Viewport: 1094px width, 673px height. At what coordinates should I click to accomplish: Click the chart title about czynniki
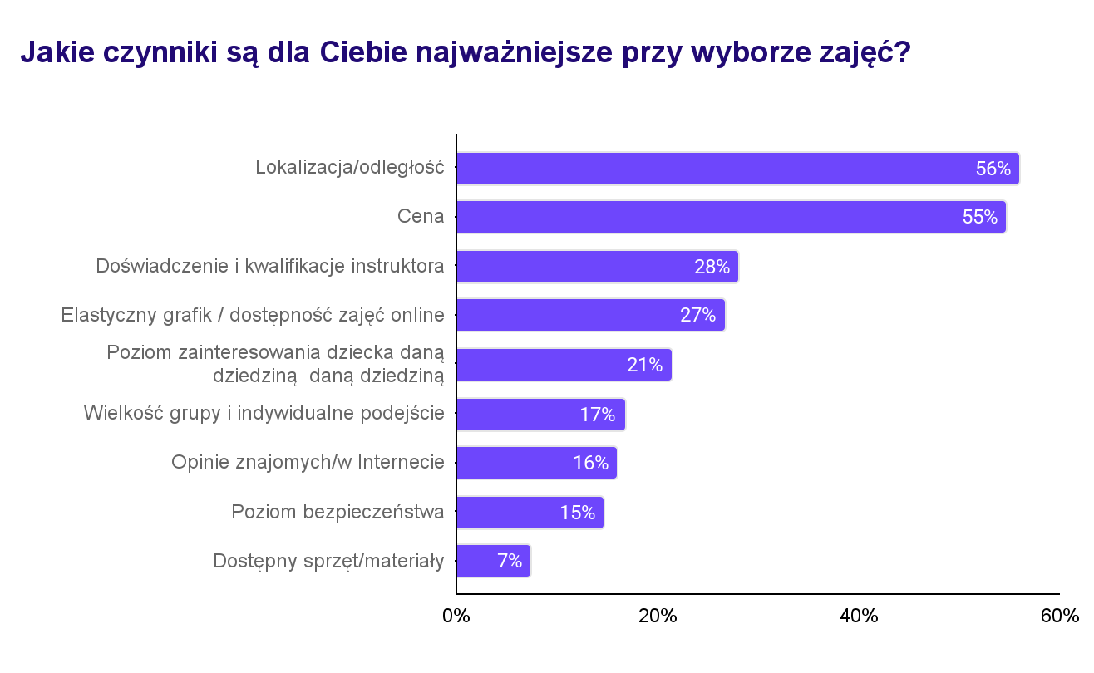coord(466,52)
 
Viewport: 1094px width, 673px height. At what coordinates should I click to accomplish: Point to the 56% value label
coord(993,169)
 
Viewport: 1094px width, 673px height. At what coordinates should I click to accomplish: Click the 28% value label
coord(712,267)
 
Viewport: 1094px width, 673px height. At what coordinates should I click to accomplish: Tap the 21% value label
coord(644,365)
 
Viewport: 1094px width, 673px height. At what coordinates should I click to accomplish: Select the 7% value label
coord(510,561)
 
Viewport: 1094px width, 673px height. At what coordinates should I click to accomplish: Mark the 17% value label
coord(597,415)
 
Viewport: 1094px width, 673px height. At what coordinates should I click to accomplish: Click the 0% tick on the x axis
coord(456,617)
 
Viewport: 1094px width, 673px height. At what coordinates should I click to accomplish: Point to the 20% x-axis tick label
coord(658,617)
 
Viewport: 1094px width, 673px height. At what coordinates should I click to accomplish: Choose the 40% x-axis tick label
coord(859,617)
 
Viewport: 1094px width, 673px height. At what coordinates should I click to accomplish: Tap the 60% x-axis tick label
coord(1059,617)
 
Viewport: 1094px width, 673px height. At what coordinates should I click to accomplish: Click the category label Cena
coord(421,217)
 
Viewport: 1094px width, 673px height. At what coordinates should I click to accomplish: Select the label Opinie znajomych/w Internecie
coord(308,463)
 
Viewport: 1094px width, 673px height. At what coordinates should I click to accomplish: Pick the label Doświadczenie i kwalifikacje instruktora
coord(270,267)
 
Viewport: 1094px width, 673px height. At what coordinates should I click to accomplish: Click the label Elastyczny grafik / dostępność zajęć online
coord(253,315)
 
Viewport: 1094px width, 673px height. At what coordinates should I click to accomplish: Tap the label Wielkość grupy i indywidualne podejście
coord(264,413)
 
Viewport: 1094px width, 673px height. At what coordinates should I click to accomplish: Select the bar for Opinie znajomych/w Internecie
coord(537,463)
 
